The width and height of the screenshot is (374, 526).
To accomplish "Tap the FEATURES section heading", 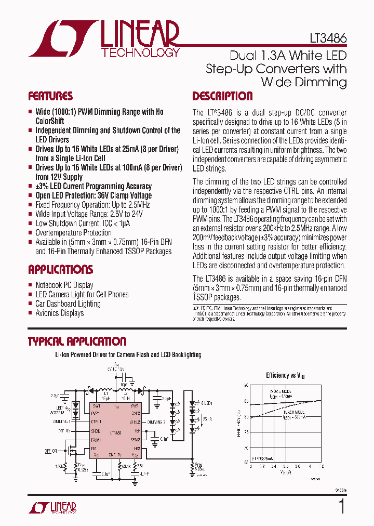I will [x=50, y=96].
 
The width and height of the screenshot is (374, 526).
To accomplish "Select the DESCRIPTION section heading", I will [x=222, y=96].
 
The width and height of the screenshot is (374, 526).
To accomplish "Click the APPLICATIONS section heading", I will [x=60, y=270].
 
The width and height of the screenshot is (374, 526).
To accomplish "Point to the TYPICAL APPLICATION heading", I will [x=77, y=341].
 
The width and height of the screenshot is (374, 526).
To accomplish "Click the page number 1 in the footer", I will [x=341, y=507].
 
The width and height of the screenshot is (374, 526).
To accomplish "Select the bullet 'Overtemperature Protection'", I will [x=73, y=233].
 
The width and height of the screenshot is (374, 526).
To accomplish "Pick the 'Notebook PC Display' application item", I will [x=64, y=285].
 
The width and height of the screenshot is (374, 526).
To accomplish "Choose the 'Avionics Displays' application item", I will [x=59, y=313].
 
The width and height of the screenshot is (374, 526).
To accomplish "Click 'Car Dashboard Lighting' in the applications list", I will [x=68, y=304].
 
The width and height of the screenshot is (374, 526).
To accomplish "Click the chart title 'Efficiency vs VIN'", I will [x=284, y=375].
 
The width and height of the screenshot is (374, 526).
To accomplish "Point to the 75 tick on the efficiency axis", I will [x=246, y=431].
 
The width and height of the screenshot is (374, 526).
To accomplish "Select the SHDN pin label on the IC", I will [x=96, y=430].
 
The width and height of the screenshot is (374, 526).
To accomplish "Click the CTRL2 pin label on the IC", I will [x=135, y=422].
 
